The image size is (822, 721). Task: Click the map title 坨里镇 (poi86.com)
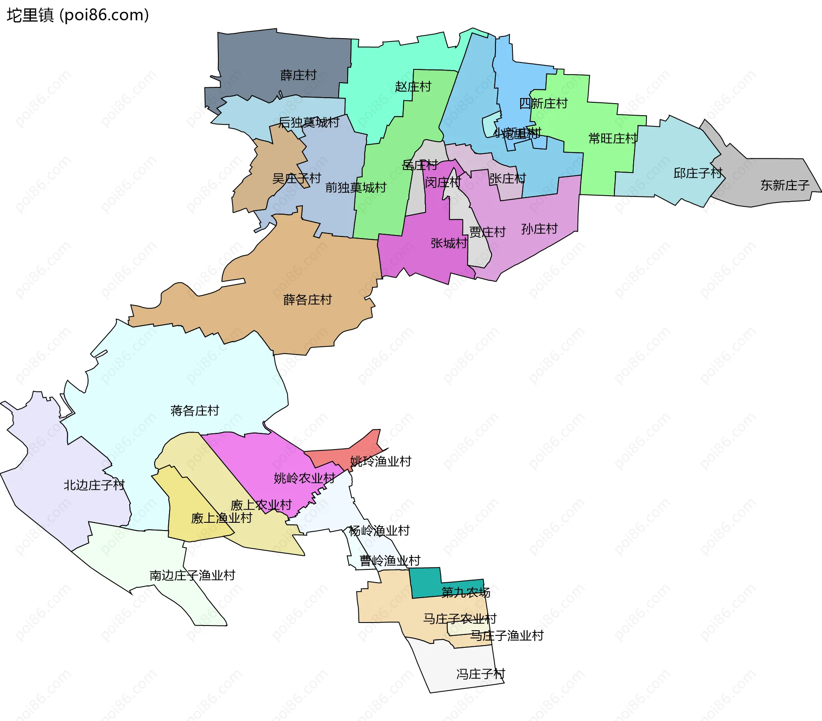(77, 15)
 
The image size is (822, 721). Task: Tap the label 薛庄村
(298, 75)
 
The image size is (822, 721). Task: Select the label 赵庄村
(413, 87)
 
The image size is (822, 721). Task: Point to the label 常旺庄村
(613, 139)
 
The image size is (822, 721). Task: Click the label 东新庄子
(784, 185)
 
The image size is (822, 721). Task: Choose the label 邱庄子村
(698, 173)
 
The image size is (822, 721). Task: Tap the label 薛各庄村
(307, 300)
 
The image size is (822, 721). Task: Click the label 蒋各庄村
(195, 411)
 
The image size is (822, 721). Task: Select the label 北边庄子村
(94, 485)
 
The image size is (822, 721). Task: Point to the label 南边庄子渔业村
(192, 575)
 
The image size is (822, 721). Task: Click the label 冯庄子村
(480, 674)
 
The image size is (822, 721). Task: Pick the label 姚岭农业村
(304, 478)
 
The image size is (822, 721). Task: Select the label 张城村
(449, 244)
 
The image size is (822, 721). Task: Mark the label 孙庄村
(539, 229)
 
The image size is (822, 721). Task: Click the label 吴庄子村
(297, 179)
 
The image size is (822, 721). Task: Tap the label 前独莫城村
(356, 188)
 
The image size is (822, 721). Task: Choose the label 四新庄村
(543, 104)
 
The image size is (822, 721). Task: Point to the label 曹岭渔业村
(390, 561)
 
